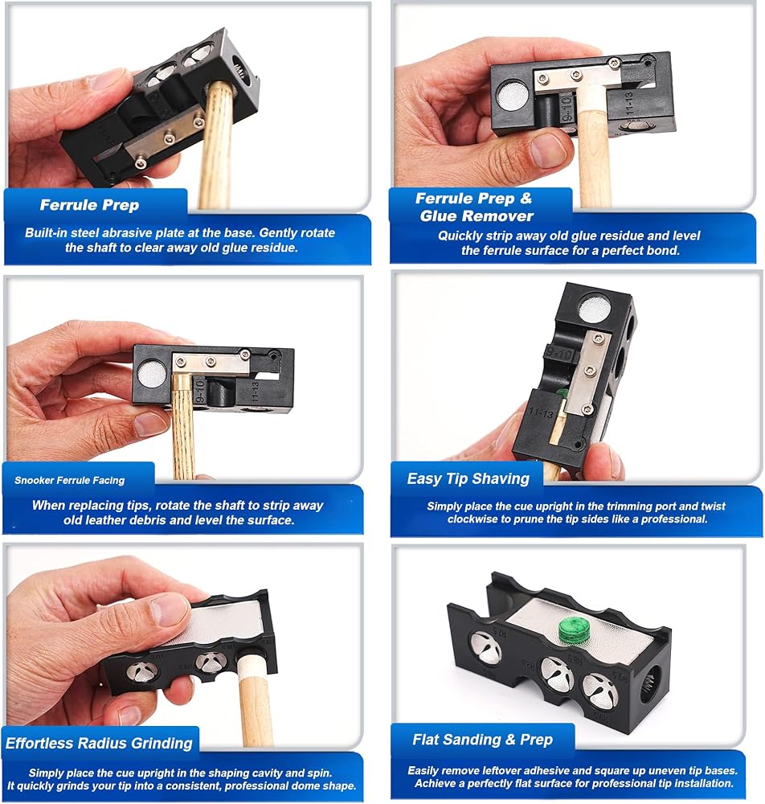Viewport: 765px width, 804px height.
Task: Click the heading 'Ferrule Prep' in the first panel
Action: click(90, 205)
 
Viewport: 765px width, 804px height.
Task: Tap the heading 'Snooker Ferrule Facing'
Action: click(70, 481)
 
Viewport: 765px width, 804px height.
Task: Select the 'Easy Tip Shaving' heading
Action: click(468, 479)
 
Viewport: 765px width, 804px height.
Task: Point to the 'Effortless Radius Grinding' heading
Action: click(99, 743)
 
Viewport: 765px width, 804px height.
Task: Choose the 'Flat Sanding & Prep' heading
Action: click(483, 740)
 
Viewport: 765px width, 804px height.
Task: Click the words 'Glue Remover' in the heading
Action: click(477, 215)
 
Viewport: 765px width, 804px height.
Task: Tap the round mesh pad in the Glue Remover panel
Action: click(513, 96)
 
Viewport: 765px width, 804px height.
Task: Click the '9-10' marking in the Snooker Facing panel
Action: click(200, 391)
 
